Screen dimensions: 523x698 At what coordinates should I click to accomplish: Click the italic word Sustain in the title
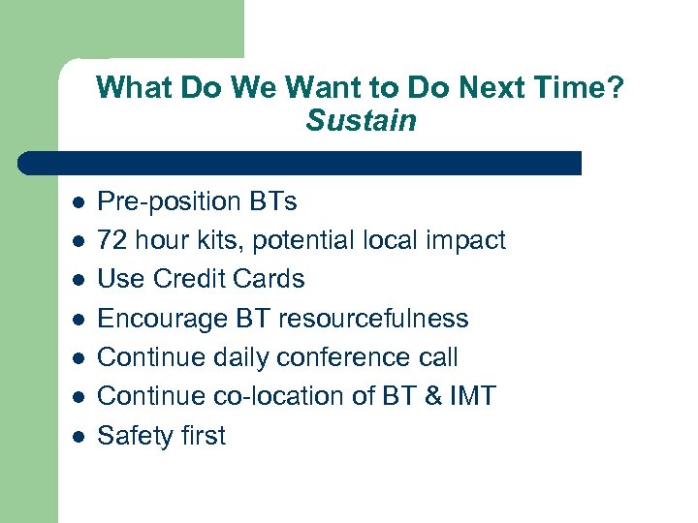click(361, 121)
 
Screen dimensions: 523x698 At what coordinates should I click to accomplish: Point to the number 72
click(113, 240)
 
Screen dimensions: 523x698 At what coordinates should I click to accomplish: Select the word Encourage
click(165, 319)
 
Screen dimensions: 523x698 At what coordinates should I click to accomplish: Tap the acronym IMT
click(469, 396)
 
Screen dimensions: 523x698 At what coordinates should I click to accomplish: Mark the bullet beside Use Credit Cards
click(78, 280)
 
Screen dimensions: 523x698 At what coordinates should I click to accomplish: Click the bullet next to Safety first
click(78, 437)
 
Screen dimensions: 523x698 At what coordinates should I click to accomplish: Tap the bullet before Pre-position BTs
click(78, 202)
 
